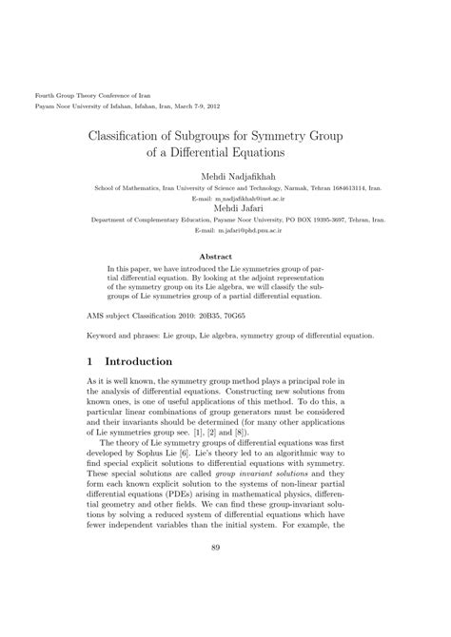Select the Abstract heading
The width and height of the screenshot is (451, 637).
click(x=225, y=256)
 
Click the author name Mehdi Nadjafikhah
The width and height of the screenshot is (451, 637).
click(x=225, y=177)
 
